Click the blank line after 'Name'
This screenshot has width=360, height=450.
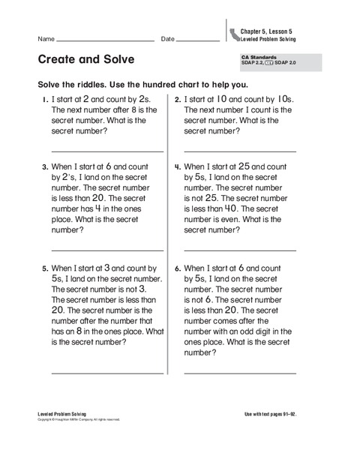pos(105,40)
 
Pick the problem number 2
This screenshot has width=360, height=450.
pos(177,99)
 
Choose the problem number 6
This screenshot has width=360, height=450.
pos(177,268)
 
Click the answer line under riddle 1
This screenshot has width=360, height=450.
pos(107,151)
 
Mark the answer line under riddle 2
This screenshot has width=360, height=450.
pos(240,151)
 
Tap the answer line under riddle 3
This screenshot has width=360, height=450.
pos(107,250)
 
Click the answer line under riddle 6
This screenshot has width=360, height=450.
pos(240,372)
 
